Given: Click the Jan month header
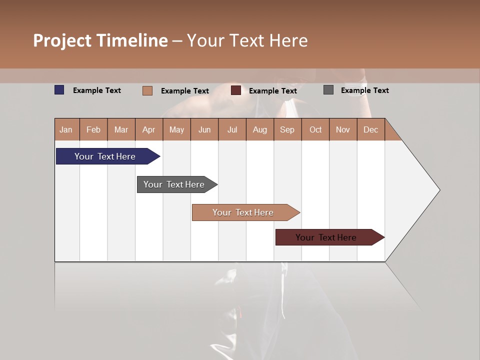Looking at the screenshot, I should coord(66,129).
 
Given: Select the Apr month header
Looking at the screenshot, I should coord(149,129).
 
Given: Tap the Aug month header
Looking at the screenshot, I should coord(260,129).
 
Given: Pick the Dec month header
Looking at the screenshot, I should coord(370,129).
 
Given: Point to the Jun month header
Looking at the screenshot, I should coord(204,129).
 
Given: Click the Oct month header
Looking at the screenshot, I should coord(315,129).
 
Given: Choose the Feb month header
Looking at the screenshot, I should coord(93,129).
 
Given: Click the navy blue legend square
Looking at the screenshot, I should coord(59,90).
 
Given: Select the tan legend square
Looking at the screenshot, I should coord(147,90).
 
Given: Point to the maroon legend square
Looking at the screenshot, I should coord(236,90).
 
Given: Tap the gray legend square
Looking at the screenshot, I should coord(328,90).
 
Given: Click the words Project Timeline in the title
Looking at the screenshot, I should coord(100,40).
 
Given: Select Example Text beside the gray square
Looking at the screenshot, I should coord(364,90).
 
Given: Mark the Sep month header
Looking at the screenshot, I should coord(287,129).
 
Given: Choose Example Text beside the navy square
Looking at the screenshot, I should coord(97,90).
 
